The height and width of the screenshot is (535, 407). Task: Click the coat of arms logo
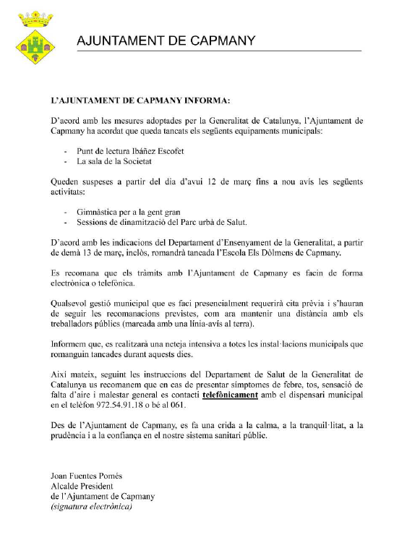click(x=35, y=38)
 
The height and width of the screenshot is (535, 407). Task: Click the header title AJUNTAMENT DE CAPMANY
click(x=166, y=41)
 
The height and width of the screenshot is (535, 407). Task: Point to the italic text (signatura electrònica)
click(x=91, y=507)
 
